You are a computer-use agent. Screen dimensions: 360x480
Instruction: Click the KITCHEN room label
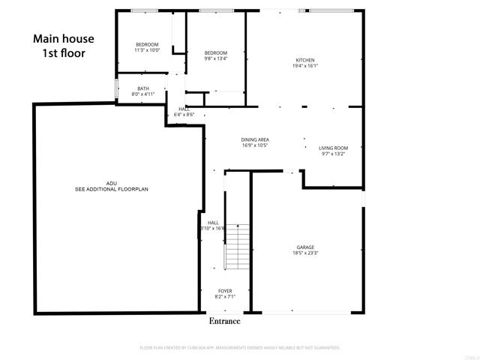pyautogui.click(x=304, y=60)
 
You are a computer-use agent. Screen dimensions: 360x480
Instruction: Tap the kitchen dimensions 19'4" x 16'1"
pyautogui.click(x=304, y=66)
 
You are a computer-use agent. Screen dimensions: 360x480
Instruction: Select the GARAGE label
pyautogui.click(x=305, y=247)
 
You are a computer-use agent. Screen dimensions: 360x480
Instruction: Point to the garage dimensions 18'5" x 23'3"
pyautogui.click(x=305, y=253)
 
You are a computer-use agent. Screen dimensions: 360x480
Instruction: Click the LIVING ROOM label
pyautogui.click(x=333, y=148)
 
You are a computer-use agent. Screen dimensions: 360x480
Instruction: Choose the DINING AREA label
pyautogui.click(x=255, y=139)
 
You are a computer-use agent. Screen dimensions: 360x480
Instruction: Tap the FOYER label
pyautogui.click(x=225, y=290)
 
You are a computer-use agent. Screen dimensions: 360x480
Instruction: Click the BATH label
pyautogui.click(x=142, y=88)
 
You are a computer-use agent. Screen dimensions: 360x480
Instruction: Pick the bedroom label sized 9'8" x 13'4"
pyautogui.click(x=215, y=52)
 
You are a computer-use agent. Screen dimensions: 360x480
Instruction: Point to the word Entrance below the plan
pyautogui.click(x=224, y=321)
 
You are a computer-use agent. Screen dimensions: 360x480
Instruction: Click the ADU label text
pyautogui.click(x=111, y=184)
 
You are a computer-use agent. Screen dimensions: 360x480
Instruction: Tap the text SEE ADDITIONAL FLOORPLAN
pyautogui.click(x=112, y=190)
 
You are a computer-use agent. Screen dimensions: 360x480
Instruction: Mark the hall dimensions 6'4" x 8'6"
pyautogui.click(x=184, y=115)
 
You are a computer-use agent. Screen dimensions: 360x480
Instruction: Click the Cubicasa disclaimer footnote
pyautogui.click(x=240, y=348)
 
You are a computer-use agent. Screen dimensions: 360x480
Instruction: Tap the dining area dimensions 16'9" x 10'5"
pyautogui.click(x=255, y=145)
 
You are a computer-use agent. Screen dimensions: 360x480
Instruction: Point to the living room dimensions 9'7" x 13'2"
pyautogui.click(x=333, y=154)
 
